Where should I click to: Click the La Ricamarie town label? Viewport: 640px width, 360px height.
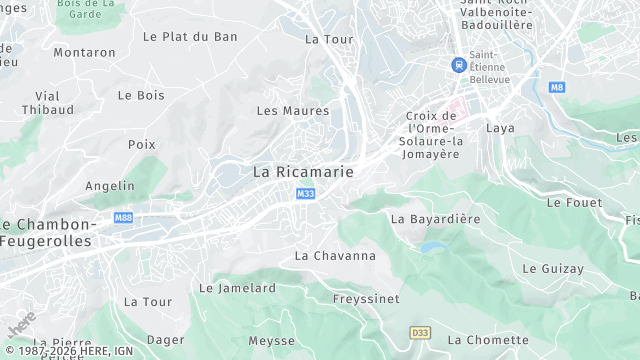pos(303,172)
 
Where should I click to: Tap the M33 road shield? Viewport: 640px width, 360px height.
pos(305,194)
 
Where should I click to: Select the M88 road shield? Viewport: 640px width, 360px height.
pos(123,218)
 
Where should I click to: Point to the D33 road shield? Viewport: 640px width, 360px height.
pos(420,331)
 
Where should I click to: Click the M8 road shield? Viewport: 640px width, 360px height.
pos(557,87)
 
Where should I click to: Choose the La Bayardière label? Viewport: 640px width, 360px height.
pos(435,218)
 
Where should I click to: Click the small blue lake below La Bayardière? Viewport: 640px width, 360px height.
pos(432,246)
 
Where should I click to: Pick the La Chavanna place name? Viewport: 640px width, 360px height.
pos(335,256)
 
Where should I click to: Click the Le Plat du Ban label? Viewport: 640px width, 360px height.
pos(190,37)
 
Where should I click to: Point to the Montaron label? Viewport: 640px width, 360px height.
pos(84,52)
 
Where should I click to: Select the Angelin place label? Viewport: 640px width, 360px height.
pos(110,186)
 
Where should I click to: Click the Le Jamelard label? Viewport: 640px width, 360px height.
pos(237,288)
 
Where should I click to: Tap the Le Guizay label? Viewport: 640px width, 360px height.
pos(553,269)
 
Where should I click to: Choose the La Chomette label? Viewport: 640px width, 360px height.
pos(488,340)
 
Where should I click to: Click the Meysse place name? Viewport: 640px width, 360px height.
pos(272,341)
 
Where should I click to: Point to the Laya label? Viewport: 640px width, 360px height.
pos(500,128)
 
